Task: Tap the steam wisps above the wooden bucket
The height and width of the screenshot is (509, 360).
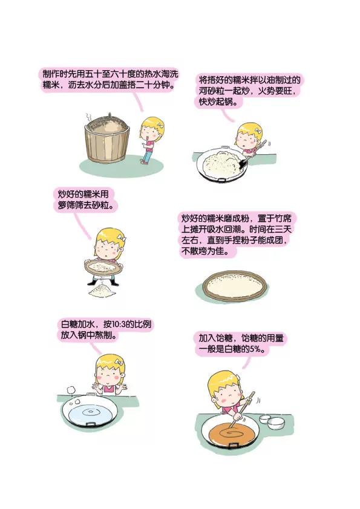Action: coord(88,118)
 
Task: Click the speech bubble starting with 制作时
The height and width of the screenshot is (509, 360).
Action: coord(110,80)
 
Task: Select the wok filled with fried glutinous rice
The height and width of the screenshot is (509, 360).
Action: coord(223,163)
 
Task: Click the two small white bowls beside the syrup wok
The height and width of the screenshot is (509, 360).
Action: coord(272,421)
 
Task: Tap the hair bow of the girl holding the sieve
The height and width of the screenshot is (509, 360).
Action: coord(122,239)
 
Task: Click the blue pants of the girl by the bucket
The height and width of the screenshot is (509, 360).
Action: coord(148,157)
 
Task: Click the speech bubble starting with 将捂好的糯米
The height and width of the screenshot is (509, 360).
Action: coord(248,91)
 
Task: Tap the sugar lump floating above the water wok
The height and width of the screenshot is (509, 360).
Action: coord(71,389)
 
